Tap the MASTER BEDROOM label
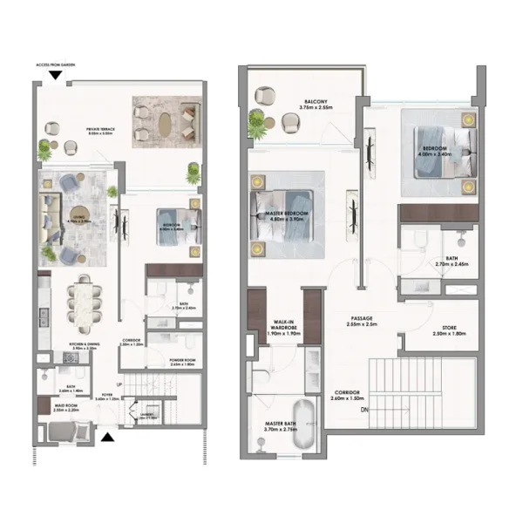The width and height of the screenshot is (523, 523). coord(288,216)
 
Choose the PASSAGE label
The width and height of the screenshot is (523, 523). coord(362,322)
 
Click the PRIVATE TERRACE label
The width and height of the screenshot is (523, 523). coord(101,132)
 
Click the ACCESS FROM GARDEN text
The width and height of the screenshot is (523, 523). coord(55,65)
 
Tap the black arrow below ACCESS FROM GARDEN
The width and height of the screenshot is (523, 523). coord(55,76)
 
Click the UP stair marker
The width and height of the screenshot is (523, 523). coord(119,384)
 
